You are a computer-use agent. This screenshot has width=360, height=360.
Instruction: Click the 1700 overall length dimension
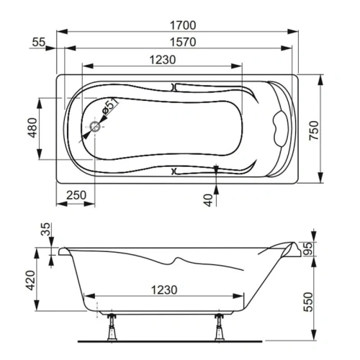click(179, 24)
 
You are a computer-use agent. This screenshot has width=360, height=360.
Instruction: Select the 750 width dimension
click(314, 127)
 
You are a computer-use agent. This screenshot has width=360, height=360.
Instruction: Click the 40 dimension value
click(208, 199)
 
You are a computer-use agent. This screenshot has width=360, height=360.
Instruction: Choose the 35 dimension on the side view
click(48, 232)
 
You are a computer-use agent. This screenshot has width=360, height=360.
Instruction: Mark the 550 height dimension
click(315, 300)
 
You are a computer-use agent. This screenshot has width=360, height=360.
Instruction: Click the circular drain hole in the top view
click(95, 128)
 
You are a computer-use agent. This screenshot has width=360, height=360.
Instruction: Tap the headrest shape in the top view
click(277, 127)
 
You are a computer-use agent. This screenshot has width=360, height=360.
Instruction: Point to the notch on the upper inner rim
click(175, 87)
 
